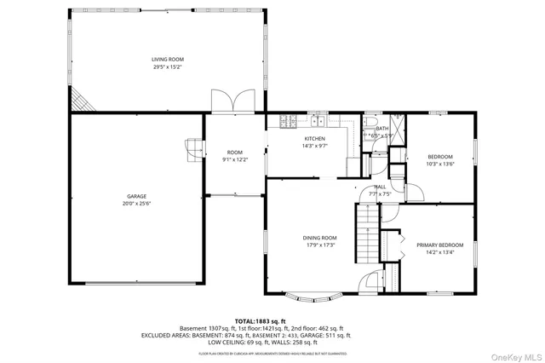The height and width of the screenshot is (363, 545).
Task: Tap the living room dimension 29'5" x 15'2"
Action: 168,66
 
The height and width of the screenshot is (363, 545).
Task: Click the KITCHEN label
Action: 315,138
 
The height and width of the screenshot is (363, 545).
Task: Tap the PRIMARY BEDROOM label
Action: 439,245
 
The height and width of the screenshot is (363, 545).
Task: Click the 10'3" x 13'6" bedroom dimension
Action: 440,164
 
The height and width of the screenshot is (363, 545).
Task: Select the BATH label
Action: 381,129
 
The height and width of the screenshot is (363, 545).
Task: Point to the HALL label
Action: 380,187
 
